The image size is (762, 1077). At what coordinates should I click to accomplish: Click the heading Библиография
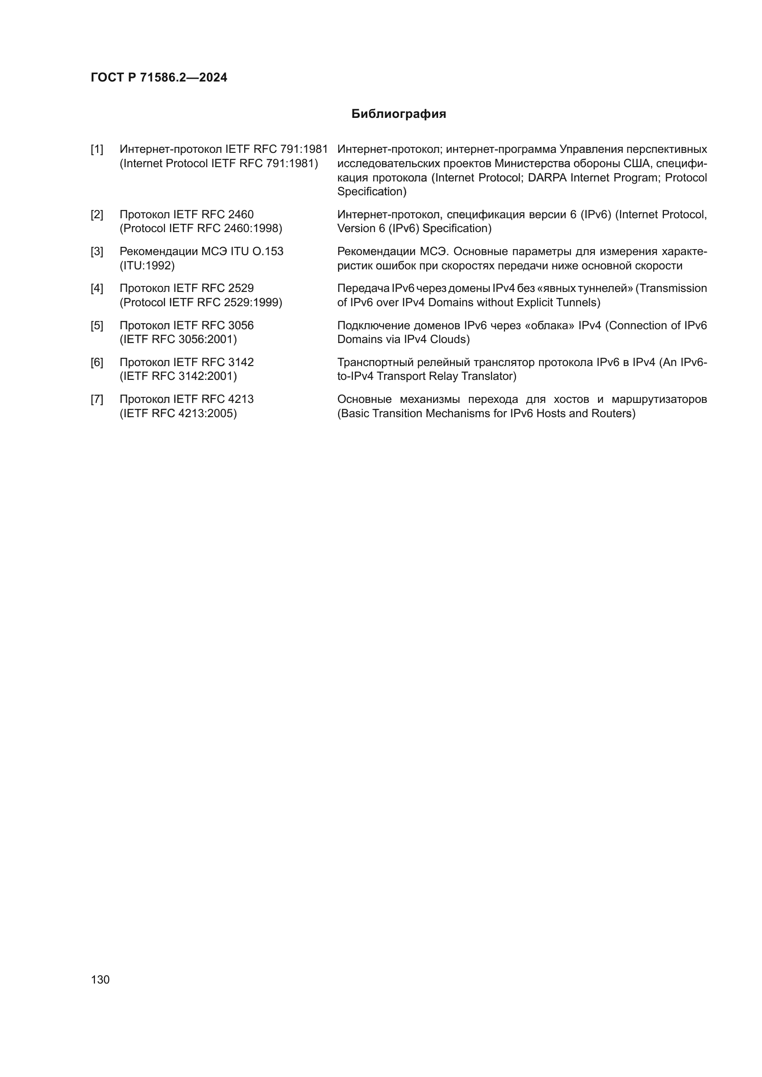point(399,114)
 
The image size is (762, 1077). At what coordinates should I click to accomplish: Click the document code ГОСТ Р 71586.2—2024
point(158,78)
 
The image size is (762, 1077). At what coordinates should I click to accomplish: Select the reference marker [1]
point(97,150)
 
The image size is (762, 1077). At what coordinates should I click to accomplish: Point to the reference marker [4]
point(97,289)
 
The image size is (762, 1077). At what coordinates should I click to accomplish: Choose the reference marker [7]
point(97,400)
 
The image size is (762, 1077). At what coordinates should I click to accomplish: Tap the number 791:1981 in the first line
point(304,150)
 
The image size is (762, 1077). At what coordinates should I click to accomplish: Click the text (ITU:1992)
point(147,266)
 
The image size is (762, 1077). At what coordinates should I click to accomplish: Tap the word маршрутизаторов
point(659,400)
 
